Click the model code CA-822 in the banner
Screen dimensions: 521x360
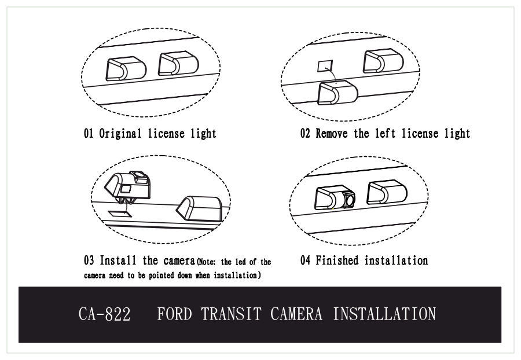(104, 314)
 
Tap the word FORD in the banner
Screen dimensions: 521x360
(174, 314)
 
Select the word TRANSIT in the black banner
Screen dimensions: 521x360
(231, 314)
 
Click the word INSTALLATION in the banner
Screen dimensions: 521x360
(384, 314)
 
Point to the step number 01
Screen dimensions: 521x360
(89, 134)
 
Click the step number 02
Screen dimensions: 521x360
(305, 134)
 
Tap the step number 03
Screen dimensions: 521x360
(89, 260)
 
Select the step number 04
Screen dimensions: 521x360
(305, 260)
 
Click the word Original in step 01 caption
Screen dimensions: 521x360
(120, 134)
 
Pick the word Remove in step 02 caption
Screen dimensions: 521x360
(332, 134)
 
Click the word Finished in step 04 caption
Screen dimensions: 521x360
(337, 260)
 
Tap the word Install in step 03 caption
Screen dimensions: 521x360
(118, 260)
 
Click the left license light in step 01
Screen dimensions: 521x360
(126, 69)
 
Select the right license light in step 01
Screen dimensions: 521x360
(178, 64)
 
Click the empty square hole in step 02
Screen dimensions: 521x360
(325, 66)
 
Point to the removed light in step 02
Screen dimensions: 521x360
(337, 93)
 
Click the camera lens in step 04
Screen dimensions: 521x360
(349, 200)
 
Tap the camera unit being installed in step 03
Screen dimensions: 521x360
(127, 186)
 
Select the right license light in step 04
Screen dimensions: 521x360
(387, 192)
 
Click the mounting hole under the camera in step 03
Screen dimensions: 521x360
(120, 214)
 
